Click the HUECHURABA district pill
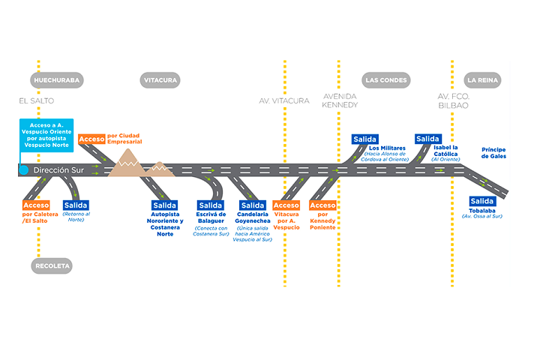click(x=56, y=79)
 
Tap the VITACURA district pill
click(x=159, y=79)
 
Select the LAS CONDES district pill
click(x=386, y=79)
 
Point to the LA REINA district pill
click(x=483, y=79)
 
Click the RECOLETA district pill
click(x=52, y=265)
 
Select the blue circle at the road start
click(x=24, y=170)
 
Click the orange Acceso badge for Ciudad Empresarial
click(x=91, y=139)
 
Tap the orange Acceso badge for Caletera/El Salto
click(x=36, y=205)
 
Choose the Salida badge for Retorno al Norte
click(x=76, y=205)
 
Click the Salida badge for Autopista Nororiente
click(x=165, y=205)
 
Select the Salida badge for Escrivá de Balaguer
click(x=210, y=205)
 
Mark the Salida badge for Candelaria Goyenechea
click(x=252, y=205)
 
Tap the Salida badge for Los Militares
click(x=364, y=139)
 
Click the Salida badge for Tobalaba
click(x=482, y=200)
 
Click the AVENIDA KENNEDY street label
click(x=340, y=101)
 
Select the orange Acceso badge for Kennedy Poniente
click(x=322, y=205)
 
